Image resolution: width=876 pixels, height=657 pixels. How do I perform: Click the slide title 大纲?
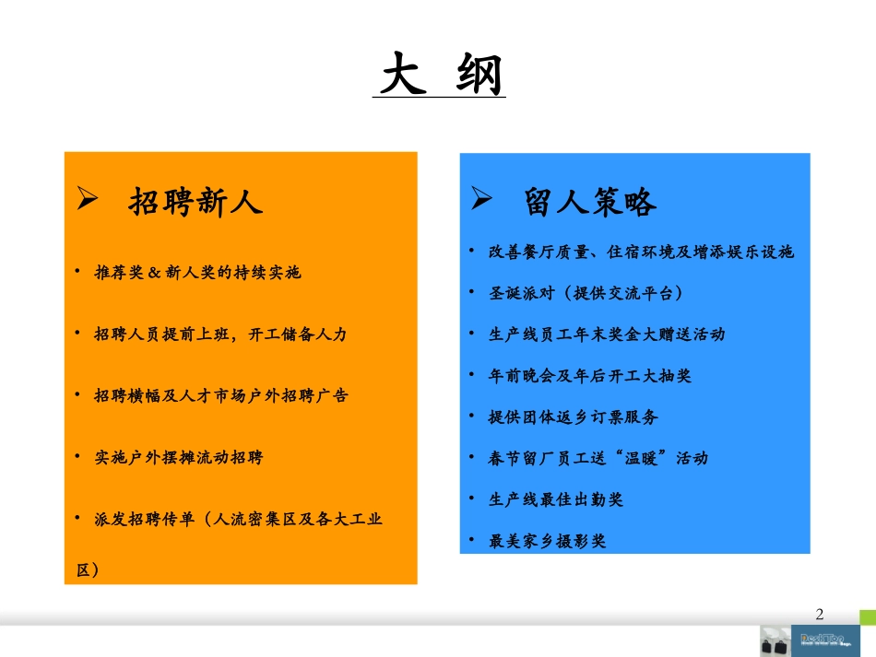(443, 76)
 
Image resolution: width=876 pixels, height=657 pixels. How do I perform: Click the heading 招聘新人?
(195, 202)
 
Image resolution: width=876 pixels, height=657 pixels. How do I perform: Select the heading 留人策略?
(590, 202)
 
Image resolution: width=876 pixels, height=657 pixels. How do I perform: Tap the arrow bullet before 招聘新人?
(88, 199)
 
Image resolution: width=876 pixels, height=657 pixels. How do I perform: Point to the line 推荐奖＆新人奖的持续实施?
(198, 274)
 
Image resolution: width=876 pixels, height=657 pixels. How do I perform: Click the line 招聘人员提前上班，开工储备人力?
(220, 334)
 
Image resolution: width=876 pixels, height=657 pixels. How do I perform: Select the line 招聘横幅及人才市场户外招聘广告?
(221, 395)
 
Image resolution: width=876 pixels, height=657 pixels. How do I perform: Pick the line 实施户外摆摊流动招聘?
(178, 457)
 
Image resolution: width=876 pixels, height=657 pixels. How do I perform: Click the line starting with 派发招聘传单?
(237, 519)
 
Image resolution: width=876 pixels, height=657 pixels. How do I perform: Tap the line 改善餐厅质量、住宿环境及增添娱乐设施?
(641, 252)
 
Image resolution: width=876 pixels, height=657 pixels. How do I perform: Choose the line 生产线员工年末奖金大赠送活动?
(607, 334)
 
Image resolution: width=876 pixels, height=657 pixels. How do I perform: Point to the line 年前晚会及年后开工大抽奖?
(589, 376)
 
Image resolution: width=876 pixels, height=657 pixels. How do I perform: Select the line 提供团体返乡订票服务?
(573, 417)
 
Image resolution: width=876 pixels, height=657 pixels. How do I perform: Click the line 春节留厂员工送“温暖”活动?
(598, 458)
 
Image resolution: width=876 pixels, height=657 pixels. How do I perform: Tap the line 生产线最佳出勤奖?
(556, 499)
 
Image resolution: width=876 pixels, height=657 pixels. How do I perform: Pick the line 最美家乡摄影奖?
(548, 541)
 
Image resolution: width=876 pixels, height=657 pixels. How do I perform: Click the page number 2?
(821, 615)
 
